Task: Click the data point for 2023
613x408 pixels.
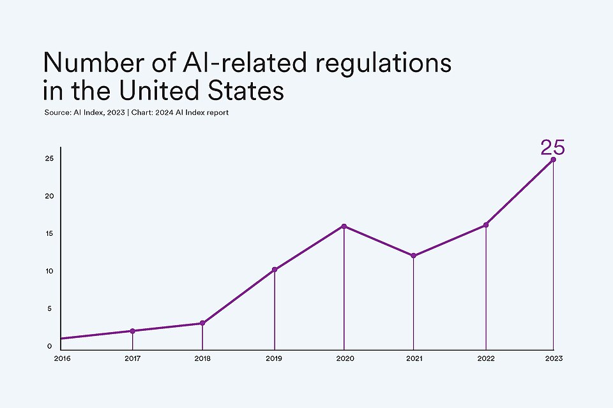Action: pyautogui.click(x=553, y=159)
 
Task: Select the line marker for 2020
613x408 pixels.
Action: pyautogui.click(x=344, y=226)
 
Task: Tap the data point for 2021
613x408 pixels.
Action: pyautogui.click(x=414, y=256)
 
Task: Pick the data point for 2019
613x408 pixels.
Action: pyautogui.click(x=275, y=270)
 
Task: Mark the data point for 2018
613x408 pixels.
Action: pyautogui.click(x=202, y=323)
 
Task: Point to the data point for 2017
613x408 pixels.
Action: pyautogui.click(x=132, y=331)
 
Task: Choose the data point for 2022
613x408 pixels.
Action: pyautogui.click(x=486, y=224)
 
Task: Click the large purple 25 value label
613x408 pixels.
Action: pyautogui.click(x=552, y=147)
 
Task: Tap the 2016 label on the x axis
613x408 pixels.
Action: pyautogui.click(x=62, y=360)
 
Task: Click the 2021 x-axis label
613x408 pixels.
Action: pyautogui.click(x=414, y=360)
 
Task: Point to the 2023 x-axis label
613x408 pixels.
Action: pyautogui.click(x=553, y=360)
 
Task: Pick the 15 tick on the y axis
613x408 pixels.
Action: pyautogui.click(x=49, y=233)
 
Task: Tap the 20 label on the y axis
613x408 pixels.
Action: pyautogui.click(x=49, y=196)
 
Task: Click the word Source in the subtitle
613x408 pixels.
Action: pyautogui.click(x=56, y=113)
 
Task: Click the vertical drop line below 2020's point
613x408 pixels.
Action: pyautogui.click(x=344, y=287)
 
